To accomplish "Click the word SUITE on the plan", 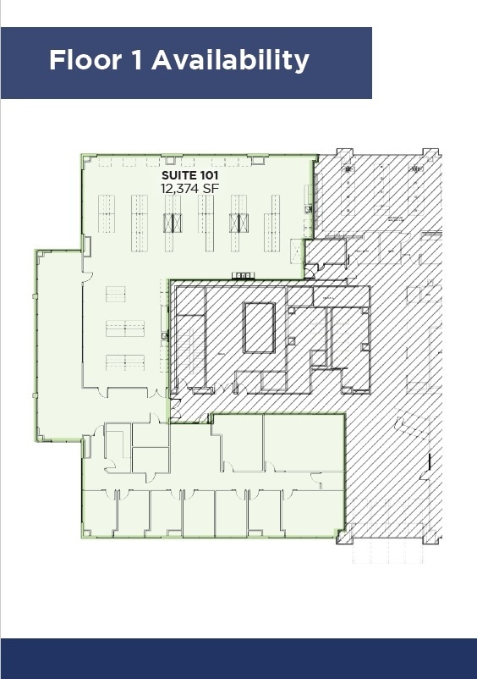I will point(181,176).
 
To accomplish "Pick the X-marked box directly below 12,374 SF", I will point(173,224).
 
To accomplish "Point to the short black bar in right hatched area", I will point(430,462).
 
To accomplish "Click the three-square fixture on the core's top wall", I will point(241,276).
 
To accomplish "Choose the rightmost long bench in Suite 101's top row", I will point(276,223).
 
